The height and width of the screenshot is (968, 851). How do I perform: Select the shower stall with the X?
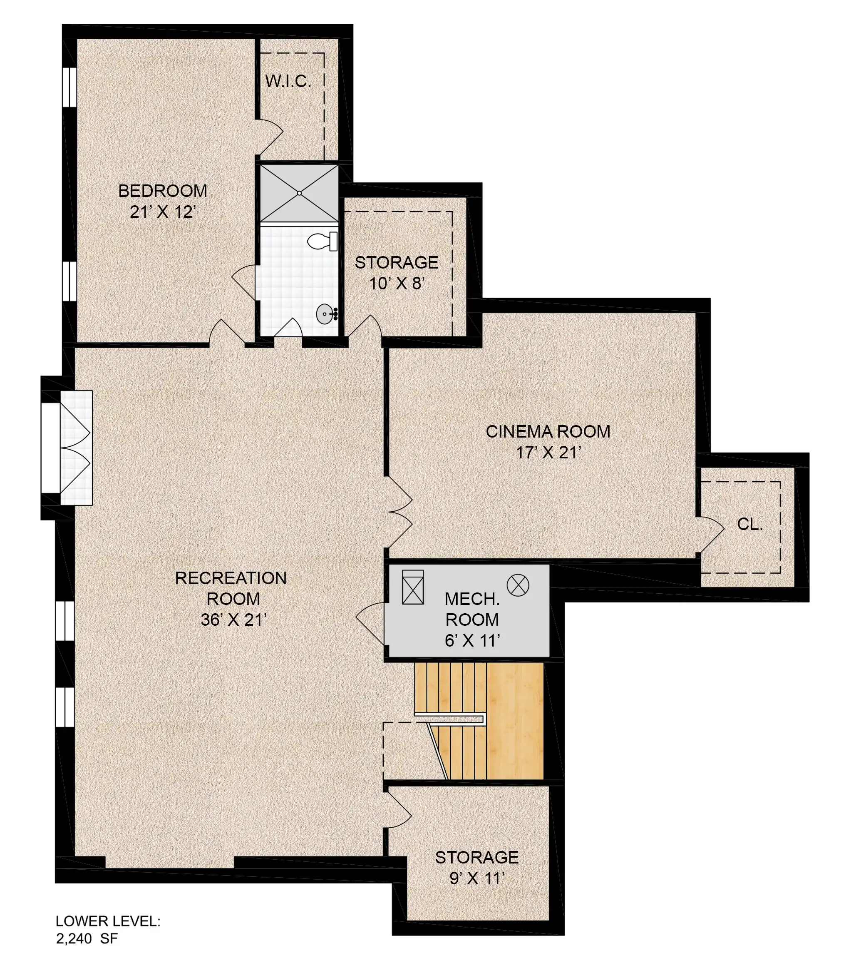point(300,193)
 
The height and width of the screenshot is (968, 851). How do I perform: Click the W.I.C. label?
point(288,82)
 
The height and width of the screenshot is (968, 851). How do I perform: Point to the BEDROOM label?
point(163,191)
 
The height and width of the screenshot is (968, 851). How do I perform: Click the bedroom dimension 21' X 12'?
point(163,212)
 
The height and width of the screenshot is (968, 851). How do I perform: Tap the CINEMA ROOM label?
point(548,431)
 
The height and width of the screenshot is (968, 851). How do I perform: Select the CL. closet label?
point(750,524)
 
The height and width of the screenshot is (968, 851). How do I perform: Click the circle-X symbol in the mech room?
point(518,585)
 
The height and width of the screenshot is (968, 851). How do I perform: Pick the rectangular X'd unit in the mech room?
point(413,587)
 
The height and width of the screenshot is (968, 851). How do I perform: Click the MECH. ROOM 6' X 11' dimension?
point(472,640)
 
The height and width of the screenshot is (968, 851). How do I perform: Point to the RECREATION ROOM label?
point(231,588)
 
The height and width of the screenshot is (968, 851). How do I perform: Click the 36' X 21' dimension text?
point(234,620)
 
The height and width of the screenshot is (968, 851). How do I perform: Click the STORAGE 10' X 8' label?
point(397,273)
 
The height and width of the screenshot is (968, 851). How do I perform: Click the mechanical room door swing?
point(370,623)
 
